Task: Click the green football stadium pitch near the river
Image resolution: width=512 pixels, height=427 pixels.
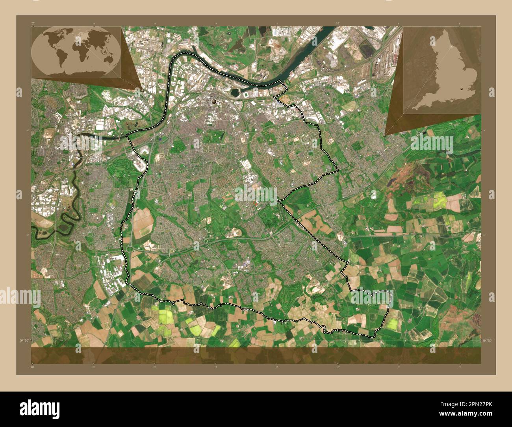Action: tap(247, 95)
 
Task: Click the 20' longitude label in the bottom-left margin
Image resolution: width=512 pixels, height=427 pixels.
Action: tap(32, 367)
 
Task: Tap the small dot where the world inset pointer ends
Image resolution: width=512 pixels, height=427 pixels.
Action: tap(142, 89)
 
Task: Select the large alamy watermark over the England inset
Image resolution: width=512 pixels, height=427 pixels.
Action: tap(432, 143)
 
